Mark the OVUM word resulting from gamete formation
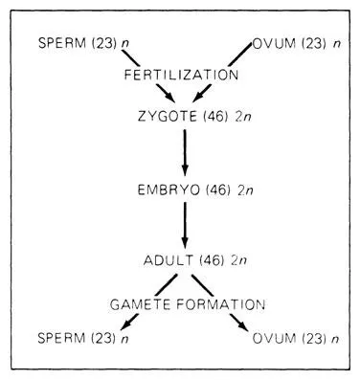click(x=274, y=338)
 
